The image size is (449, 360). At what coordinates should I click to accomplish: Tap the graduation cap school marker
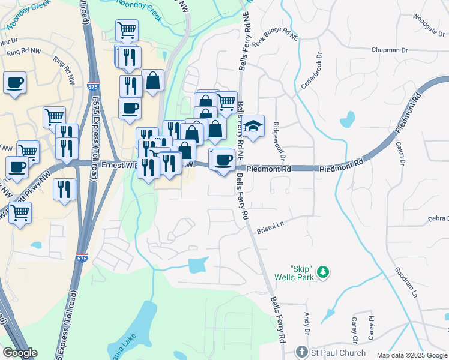253,126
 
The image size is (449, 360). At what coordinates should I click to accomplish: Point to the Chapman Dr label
390,50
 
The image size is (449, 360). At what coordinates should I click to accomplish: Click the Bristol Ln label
270,227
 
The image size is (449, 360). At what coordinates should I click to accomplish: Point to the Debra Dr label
438,219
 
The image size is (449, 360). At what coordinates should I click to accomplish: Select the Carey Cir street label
355,331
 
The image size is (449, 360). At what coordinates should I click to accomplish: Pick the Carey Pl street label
372,327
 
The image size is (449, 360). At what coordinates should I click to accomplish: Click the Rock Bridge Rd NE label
276,41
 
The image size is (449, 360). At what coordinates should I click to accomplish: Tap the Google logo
20,353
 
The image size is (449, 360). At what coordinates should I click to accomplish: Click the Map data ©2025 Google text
412,355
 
